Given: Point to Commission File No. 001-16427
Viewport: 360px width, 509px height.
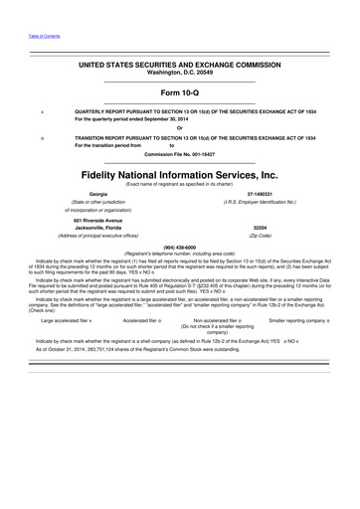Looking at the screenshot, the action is click(180, 156).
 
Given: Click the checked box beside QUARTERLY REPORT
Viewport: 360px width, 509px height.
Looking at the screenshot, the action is click(41, 112).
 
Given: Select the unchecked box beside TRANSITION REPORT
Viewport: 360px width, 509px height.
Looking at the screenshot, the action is click(41, 138).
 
